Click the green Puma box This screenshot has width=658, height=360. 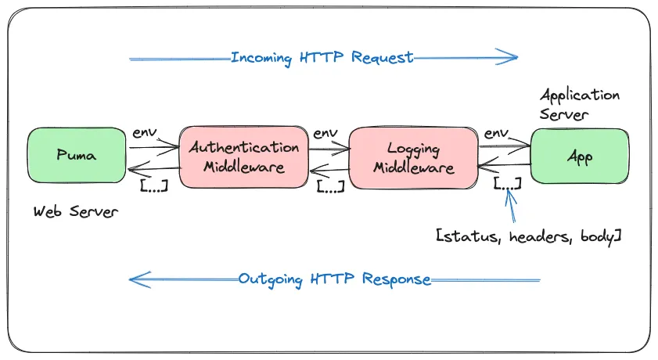click(77, 156)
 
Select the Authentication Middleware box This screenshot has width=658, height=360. click(243, 157)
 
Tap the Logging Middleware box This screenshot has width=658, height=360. click(412, 157)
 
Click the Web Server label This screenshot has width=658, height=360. click(76, 211)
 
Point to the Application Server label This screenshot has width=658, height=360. click(579, 104)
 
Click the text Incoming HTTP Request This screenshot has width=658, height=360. click(322, 57)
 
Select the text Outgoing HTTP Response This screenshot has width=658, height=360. click(334, 279)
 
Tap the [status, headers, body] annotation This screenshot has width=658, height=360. click(528, 235)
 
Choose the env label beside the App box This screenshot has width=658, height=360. click(496, 133)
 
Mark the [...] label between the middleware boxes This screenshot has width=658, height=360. click(330, 186)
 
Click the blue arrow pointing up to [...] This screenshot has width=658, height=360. click(512, 207)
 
